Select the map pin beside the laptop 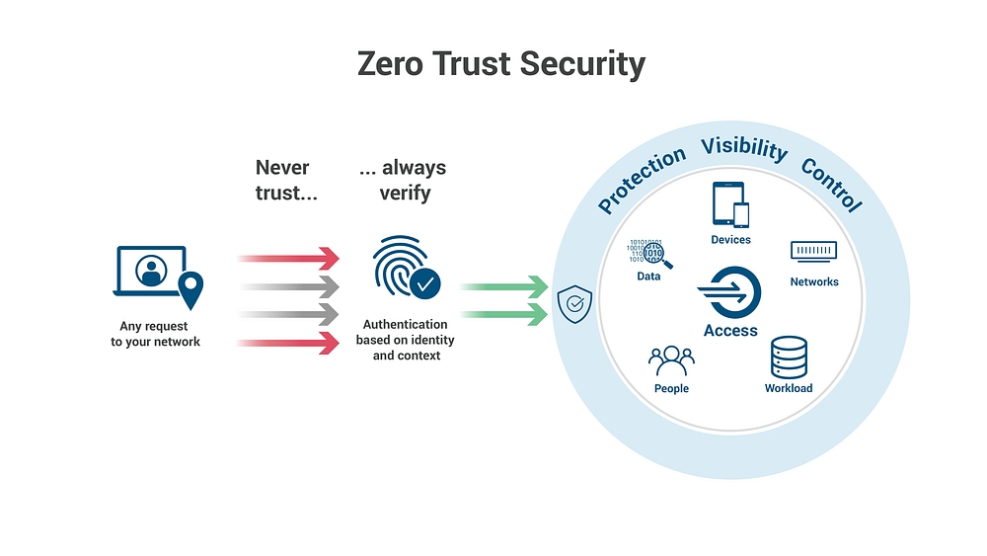tap(190, 289)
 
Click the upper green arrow tap(503, 287)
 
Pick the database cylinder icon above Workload tap(789, 357)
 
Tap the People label tap(671, 389)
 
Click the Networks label tap(814, 282)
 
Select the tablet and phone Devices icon tap(730, 204)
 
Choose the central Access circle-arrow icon tap(730, 293)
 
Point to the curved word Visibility tap(744, 148)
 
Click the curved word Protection tap(642, 179)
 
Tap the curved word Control tap(832, 184)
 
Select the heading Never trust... tap(286, 180)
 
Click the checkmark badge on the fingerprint tap(424, 283)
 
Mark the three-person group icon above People tap(671, 361)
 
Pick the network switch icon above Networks tap(814, 252)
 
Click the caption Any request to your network tap(155, 334)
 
